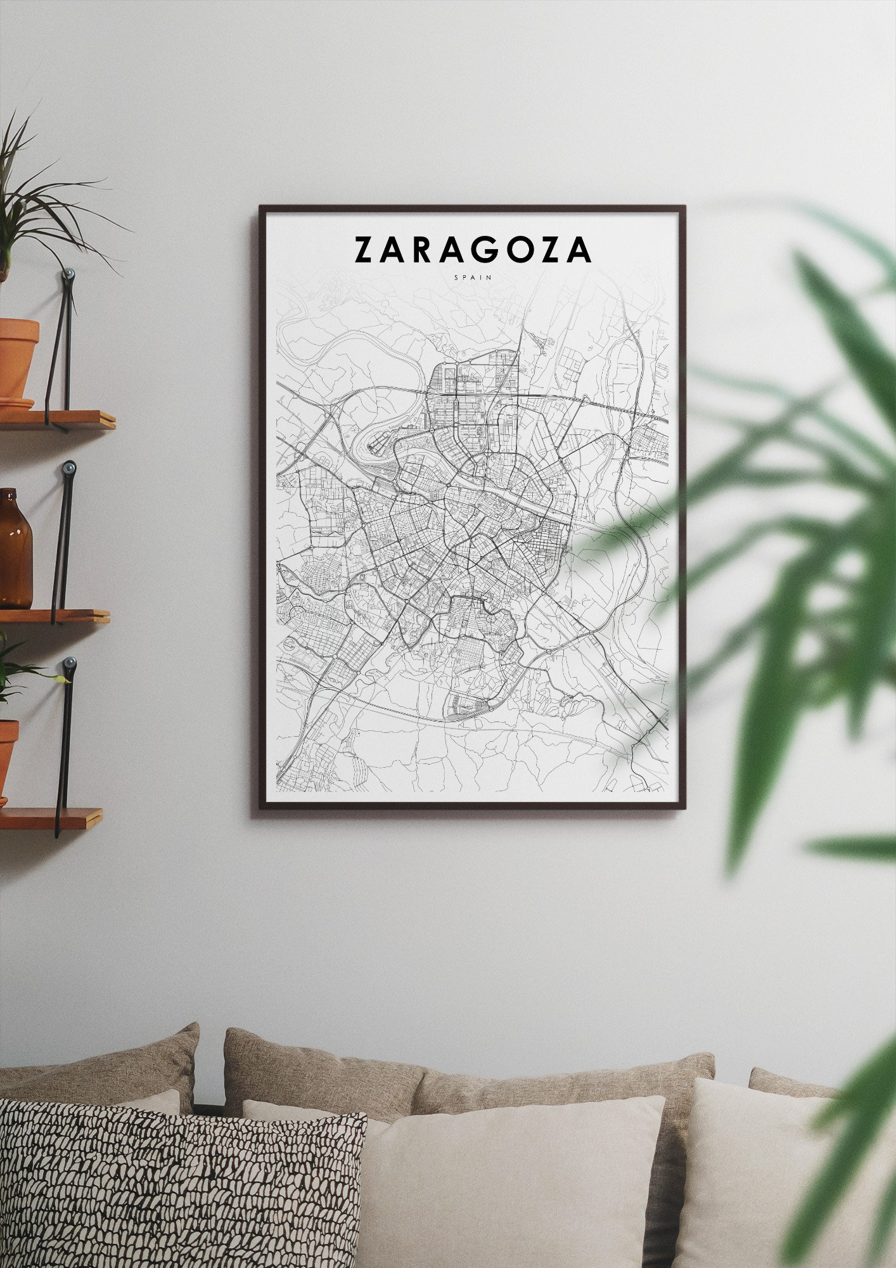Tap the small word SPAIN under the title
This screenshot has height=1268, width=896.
472,277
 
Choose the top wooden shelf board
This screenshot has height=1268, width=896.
57,419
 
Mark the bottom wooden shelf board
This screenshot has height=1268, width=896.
51,818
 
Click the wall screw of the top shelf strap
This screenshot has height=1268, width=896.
69,275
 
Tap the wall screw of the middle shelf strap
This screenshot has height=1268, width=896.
69,469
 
